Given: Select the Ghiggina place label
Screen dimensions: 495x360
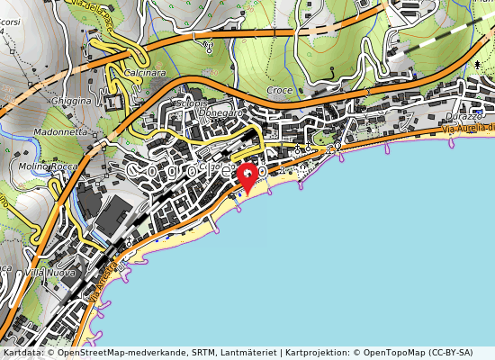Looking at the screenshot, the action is click(71, 101).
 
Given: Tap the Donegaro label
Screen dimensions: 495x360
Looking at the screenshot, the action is click(219, 112).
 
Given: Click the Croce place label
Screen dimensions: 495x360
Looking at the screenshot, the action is click(280, 91).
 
